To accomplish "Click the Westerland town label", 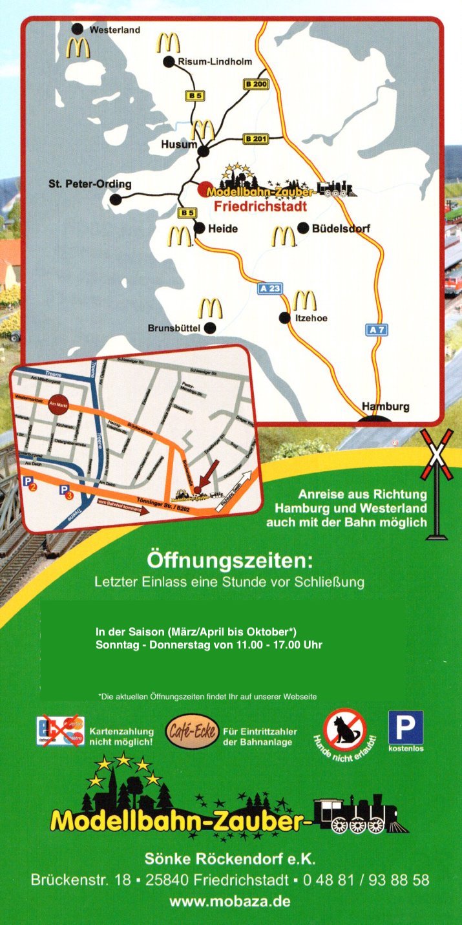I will tap(114, 30).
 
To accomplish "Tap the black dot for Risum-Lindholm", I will tap(169, 62).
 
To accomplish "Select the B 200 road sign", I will tap(256, 84).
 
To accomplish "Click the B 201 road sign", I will tap(256, 139).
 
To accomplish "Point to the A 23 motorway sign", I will tap(269, 288).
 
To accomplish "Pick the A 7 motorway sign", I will tap(377, 330).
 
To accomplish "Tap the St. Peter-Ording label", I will tap(90, 184).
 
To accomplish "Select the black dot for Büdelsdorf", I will tap(303, 228).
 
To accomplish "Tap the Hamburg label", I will tap(386, 407).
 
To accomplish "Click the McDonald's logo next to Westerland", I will tap(78, 48).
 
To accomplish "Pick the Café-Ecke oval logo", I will tap(191, 732).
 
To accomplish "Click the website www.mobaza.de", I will tap(230, 900).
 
